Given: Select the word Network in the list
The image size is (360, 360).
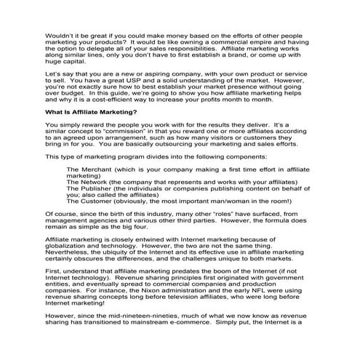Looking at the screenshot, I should pos(90,183).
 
